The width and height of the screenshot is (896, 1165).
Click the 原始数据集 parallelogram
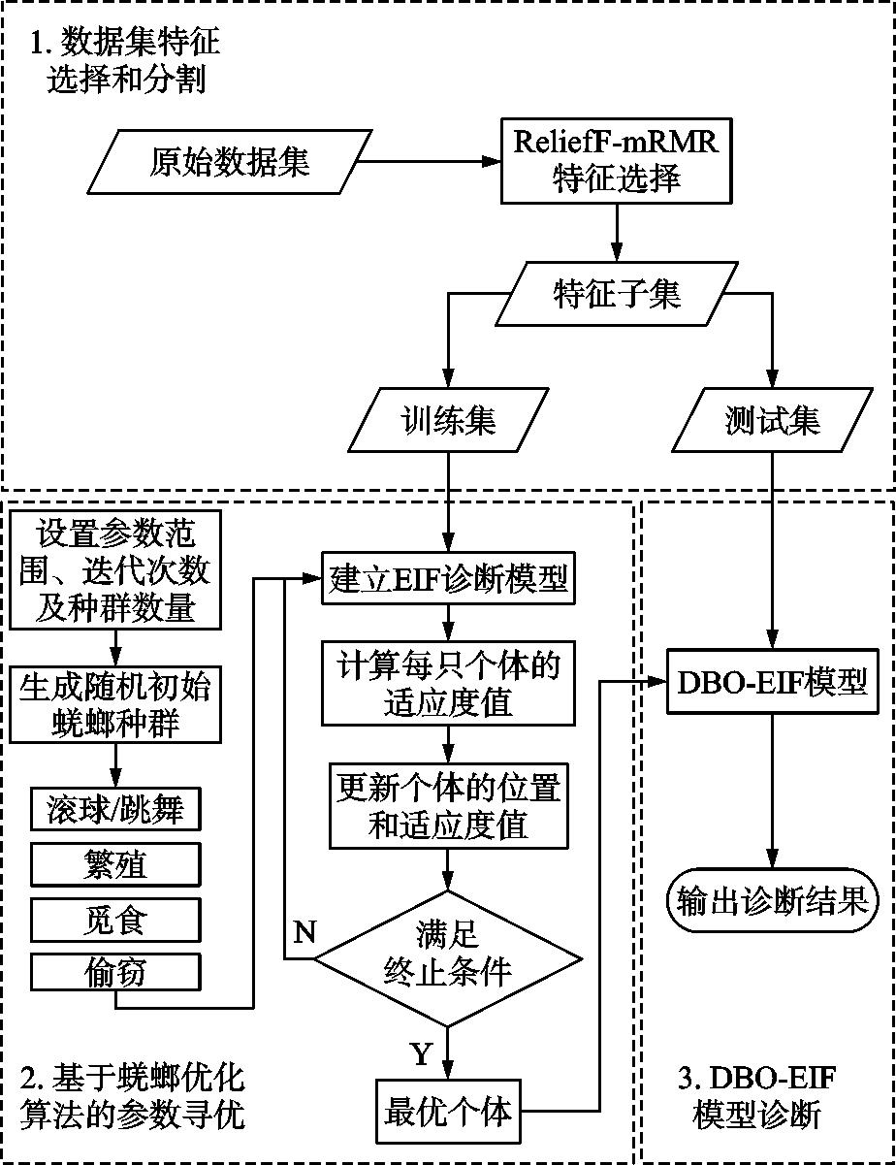(x=229, y=161)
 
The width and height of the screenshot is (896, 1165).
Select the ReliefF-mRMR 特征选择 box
(x=616, y=160)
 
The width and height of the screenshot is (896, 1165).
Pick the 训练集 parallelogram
(x=448, y=421)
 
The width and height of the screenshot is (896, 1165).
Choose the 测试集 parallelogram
(x=772, y=421)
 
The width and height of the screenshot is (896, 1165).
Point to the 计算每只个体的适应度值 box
(x=448, y=685)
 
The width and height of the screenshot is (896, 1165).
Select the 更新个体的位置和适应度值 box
(x=448, y=806)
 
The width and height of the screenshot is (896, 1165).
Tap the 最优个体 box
(x=448, y=1111)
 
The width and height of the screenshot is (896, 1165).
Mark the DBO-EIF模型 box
(x=772, y=682)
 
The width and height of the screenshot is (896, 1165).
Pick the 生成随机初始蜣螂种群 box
(x=115, y=704)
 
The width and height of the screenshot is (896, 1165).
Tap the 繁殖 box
(x=115, y=864)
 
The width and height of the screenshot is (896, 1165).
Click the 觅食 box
(x=115, y=919)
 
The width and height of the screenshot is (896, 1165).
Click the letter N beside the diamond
(x=304, y=932)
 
